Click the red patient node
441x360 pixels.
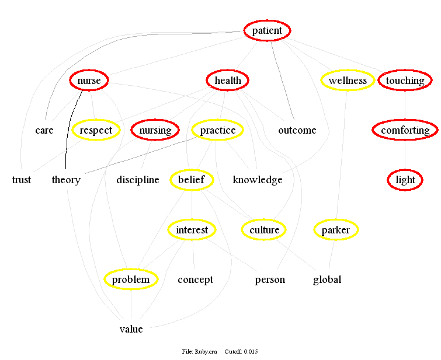(x=267, y=31)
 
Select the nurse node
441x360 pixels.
(x=89, y=81)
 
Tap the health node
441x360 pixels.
(x=228, y=81)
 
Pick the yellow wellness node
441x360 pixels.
(x=348, y=81)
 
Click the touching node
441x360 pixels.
(x=405, y=81)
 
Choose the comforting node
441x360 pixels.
(x=405, y=130)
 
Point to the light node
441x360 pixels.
(x=405, y=180)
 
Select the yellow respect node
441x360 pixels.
(x=96, y=130)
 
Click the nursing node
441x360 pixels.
(x=155, y=130)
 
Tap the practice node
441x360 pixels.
(x=217, y=130)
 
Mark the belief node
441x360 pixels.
(x=192, y=180)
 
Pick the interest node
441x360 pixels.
(x=192, y=230)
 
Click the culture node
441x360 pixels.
(x=264, y=230)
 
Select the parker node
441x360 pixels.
(x=336, y=230)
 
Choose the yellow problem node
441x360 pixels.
(x=131, y=279)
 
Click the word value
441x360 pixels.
(x=131, y=329)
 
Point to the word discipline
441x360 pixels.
(x=138, y=180)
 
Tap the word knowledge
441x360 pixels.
(x=258, y=180)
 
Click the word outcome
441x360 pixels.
(x=297, y=130)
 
